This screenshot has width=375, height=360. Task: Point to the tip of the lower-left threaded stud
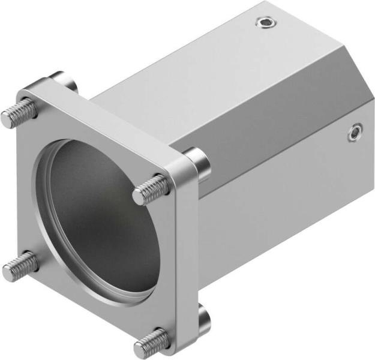8,273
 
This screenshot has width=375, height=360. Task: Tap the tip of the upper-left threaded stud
7,119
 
